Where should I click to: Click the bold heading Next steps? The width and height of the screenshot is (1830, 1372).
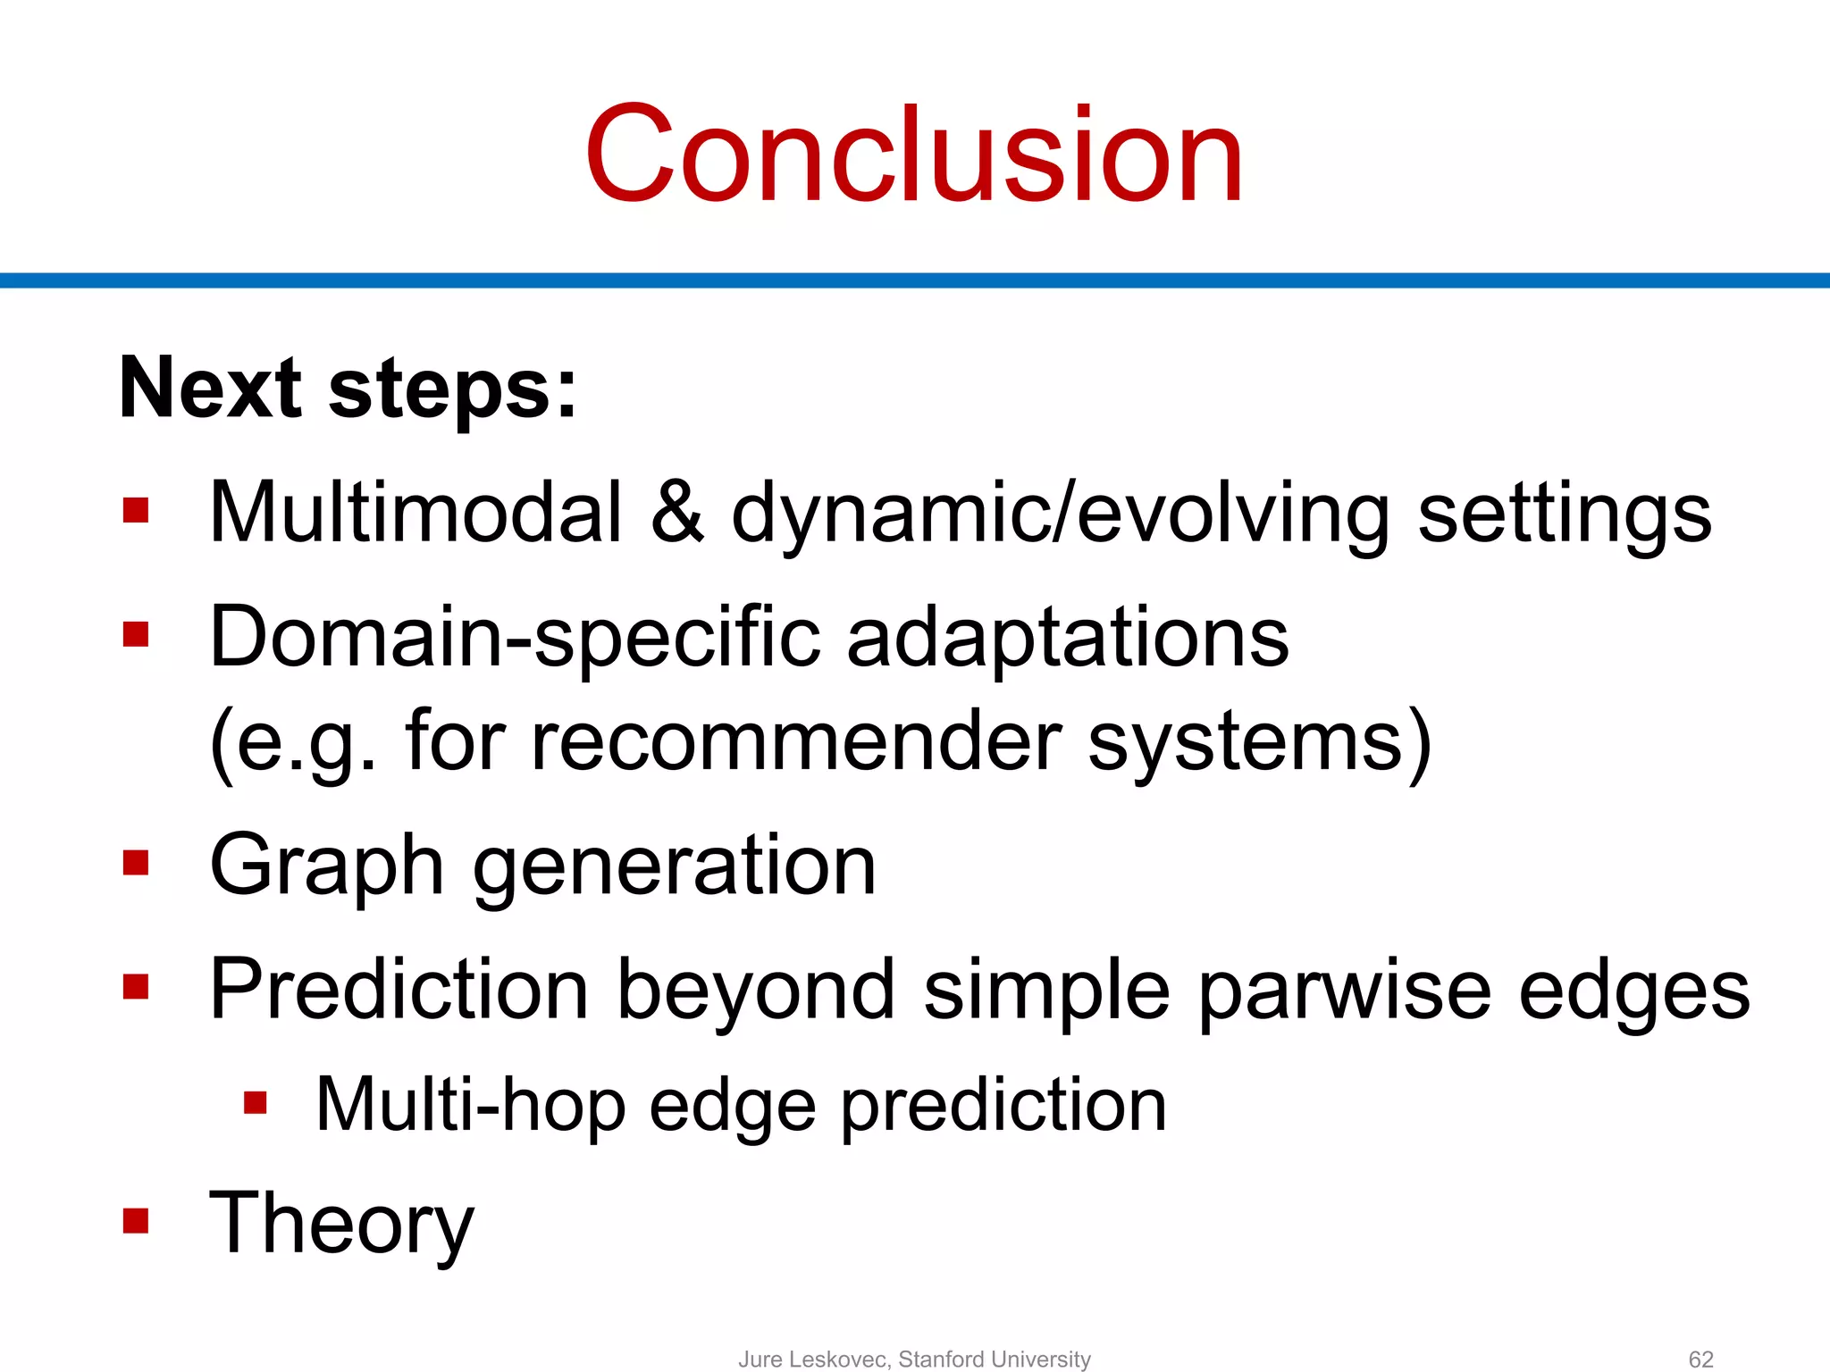pyautogui.click(x=348, y=389)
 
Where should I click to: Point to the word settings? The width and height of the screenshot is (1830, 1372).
pyautogui.click(x=1564, y=515)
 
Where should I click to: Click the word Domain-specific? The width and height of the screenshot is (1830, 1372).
pyautogui.click(x=514, y=638)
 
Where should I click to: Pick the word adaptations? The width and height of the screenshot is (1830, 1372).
pyautogui.click(x=1068, y=638)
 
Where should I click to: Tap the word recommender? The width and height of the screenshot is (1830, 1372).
pyautogui.click(x=795, y=741)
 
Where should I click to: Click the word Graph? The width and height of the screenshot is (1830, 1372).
pyautogui.click(x=326, y=866)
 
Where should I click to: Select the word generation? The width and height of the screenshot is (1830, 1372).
pyautogui.click(x=674, y=866)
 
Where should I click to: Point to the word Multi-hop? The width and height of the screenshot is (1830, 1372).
pyautogui.click(x=470, y=1106)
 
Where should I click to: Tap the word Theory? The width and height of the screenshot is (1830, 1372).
pyautogui.click(x=341, y=1224)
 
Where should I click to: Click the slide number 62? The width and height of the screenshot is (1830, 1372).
pyautogui.click(x=1700, y=1359)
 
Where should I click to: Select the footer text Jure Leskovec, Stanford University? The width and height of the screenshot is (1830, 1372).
pyautogui.click(x=914, y=1359)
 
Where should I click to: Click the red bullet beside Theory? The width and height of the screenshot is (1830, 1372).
pyautogui.click(x=136, y=1220)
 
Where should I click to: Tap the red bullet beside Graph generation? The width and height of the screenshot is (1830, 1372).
pyautogui.click(x=136, y=863)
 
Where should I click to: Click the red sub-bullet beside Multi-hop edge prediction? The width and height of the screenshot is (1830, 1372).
pyautogui.click(x=256, y=1103)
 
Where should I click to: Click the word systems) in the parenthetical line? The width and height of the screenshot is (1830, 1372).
pyautogui.click(x=1259, y=741)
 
